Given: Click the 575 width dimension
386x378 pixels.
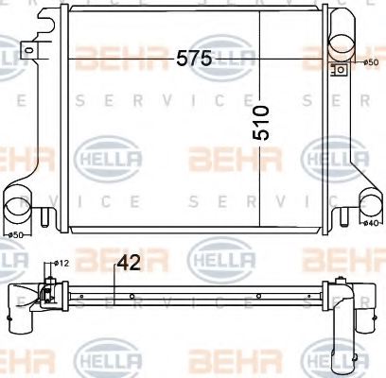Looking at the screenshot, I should pos(193,59).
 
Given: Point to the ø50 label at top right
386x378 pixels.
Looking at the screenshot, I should pos(371,62).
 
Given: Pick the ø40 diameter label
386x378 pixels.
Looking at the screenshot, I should pos(371,223).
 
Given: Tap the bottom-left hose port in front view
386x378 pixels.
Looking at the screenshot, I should pos(21,206).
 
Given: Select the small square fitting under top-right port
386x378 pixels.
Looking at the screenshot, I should pos(338,68).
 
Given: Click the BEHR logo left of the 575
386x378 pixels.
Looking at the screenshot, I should pos(106,59).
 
